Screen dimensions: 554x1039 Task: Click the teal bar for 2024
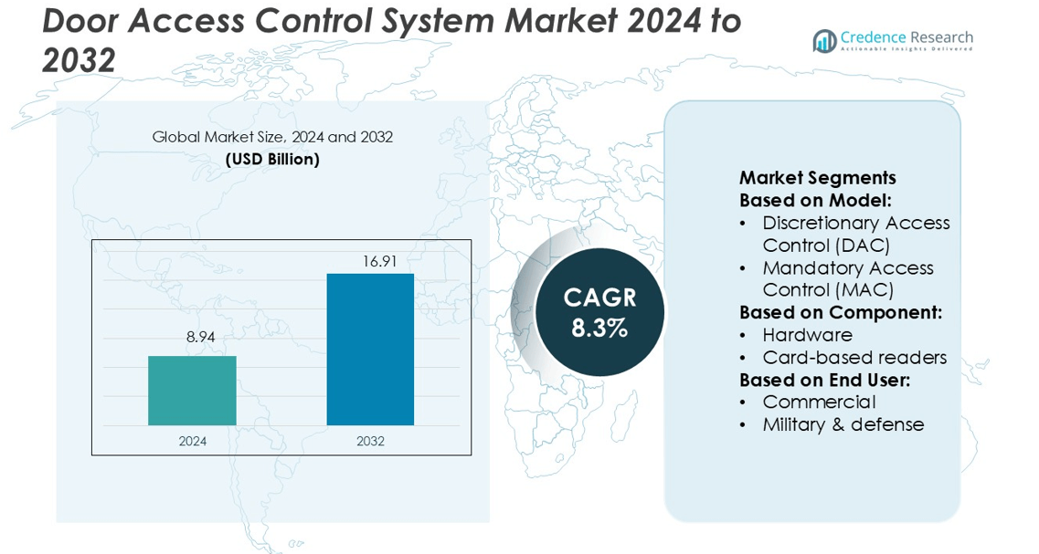click(192, 391)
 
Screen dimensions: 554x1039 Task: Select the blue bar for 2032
click(370, 350)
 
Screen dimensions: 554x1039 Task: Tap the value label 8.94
click(200, 338)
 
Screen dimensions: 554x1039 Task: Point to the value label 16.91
click(379, 261)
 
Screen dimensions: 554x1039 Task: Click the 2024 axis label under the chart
click(192, 441)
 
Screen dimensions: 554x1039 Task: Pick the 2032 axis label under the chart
click(370, 441)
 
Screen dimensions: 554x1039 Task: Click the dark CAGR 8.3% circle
click(599, 312)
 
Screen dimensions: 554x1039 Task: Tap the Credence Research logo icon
click(825, 41)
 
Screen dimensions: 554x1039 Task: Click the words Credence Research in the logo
click(906, 37)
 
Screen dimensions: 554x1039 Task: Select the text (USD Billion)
click(272, 160)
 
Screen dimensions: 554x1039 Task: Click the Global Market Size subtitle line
click(272, 138)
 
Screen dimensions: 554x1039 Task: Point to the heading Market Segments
click(817, 178)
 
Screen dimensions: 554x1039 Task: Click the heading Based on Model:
click(815, 200)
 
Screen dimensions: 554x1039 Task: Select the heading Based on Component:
click(840, 312)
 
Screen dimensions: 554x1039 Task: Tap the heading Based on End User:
click(824, 380)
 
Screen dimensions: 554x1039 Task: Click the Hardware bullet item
click(807, 335)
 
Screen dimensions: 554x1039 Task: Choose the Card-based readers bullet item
click(854, 357)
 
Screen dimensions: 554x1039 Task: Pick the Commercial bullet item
click(819, 402)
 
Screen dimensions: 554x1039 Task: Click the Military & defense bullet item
click(843, 424)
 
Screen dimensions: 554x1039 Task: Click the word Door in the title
click(80, 20)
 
